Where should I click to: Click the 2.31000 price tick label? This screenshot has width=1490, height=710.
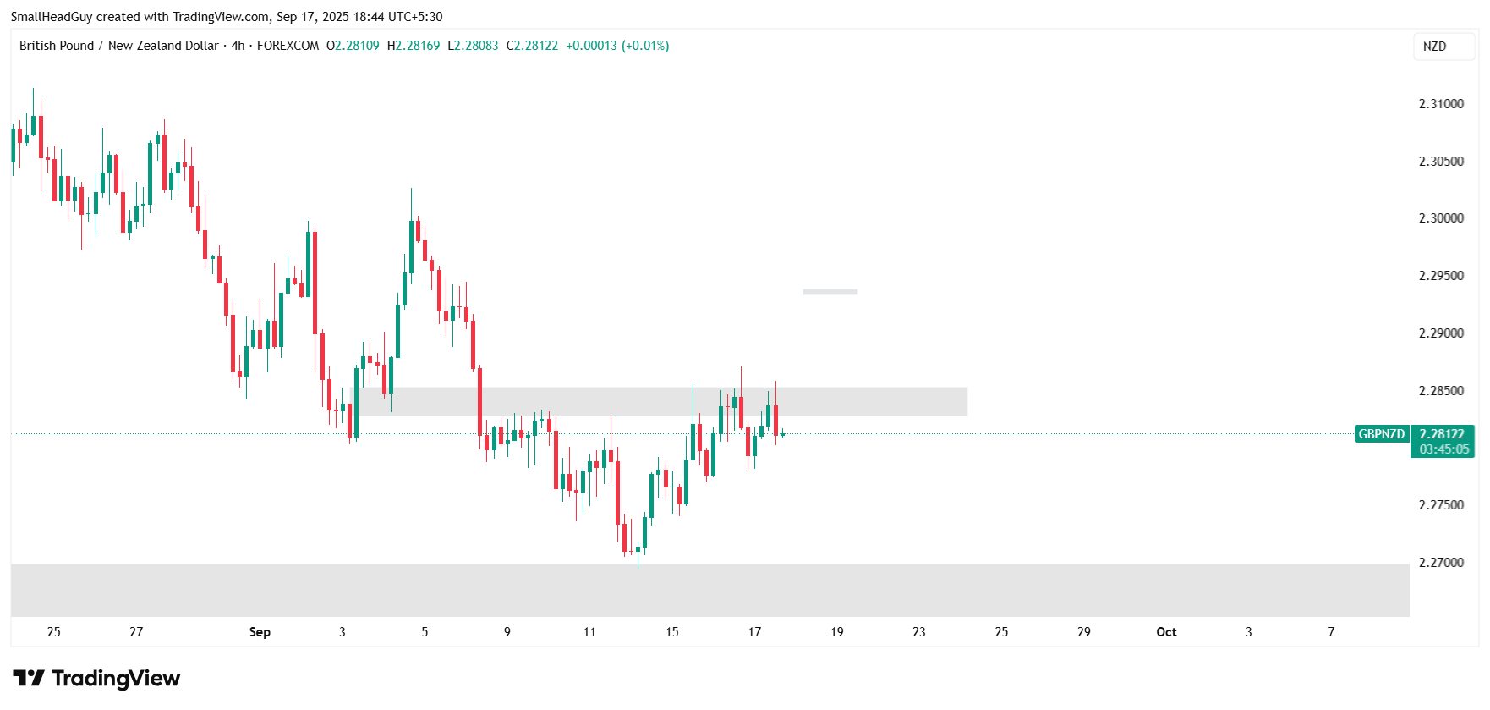click(x=1440, y=104)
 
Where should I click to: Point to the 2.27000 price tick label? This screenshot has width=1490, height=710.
click(x=1440, y=563)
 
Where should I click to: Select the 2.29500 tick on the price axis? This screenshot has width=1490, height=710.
click(x=1440, y=276)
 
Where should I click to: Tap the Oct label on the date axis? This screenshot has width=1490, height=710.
click(x=1166, y=632)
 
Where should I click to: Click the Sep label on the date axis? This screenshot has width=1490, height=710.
click(x=260, y=632)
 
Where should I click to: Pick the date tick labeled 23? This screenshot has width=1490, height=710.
click(x=919, y=632)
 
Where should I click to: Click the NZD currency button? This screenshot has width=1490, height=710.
click(x=1434, y=47)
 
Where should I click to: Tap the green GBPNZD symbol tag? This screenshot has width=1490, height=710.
click(x=1381, y=434)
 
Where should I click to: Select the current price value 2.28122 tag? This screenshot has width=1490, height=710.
click(x=1442, y=434)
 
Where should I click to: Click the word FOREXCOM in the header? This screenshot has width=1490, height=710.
click(x=288, y=46)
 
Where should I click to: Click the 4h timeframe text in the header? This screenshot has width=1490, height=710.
click(x=238, y=46)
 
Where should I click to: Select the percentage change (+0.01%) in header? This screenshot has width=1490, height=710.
click(x=645, y=46)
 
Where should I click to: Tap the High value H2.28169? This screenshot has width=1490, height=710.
click(x=414, y=46)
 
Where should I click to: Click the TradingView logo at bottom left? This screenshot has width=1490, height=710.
click(x=96, y=678)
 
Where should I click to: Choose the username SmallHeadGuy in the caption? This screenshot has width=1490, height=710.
click(x=51, y=17)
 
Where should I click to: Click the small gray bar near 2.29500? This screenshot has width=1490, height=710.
click(x=830, y=292)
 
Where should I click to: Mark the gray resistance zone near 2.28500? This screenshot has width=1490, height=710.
click(x=660, y=401)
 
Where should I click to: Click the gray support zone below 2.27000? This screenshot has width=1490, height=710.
click(x=709, y=590)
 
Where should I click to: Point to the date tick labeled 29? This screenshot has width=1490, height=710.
click(x=1083, y=632)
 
